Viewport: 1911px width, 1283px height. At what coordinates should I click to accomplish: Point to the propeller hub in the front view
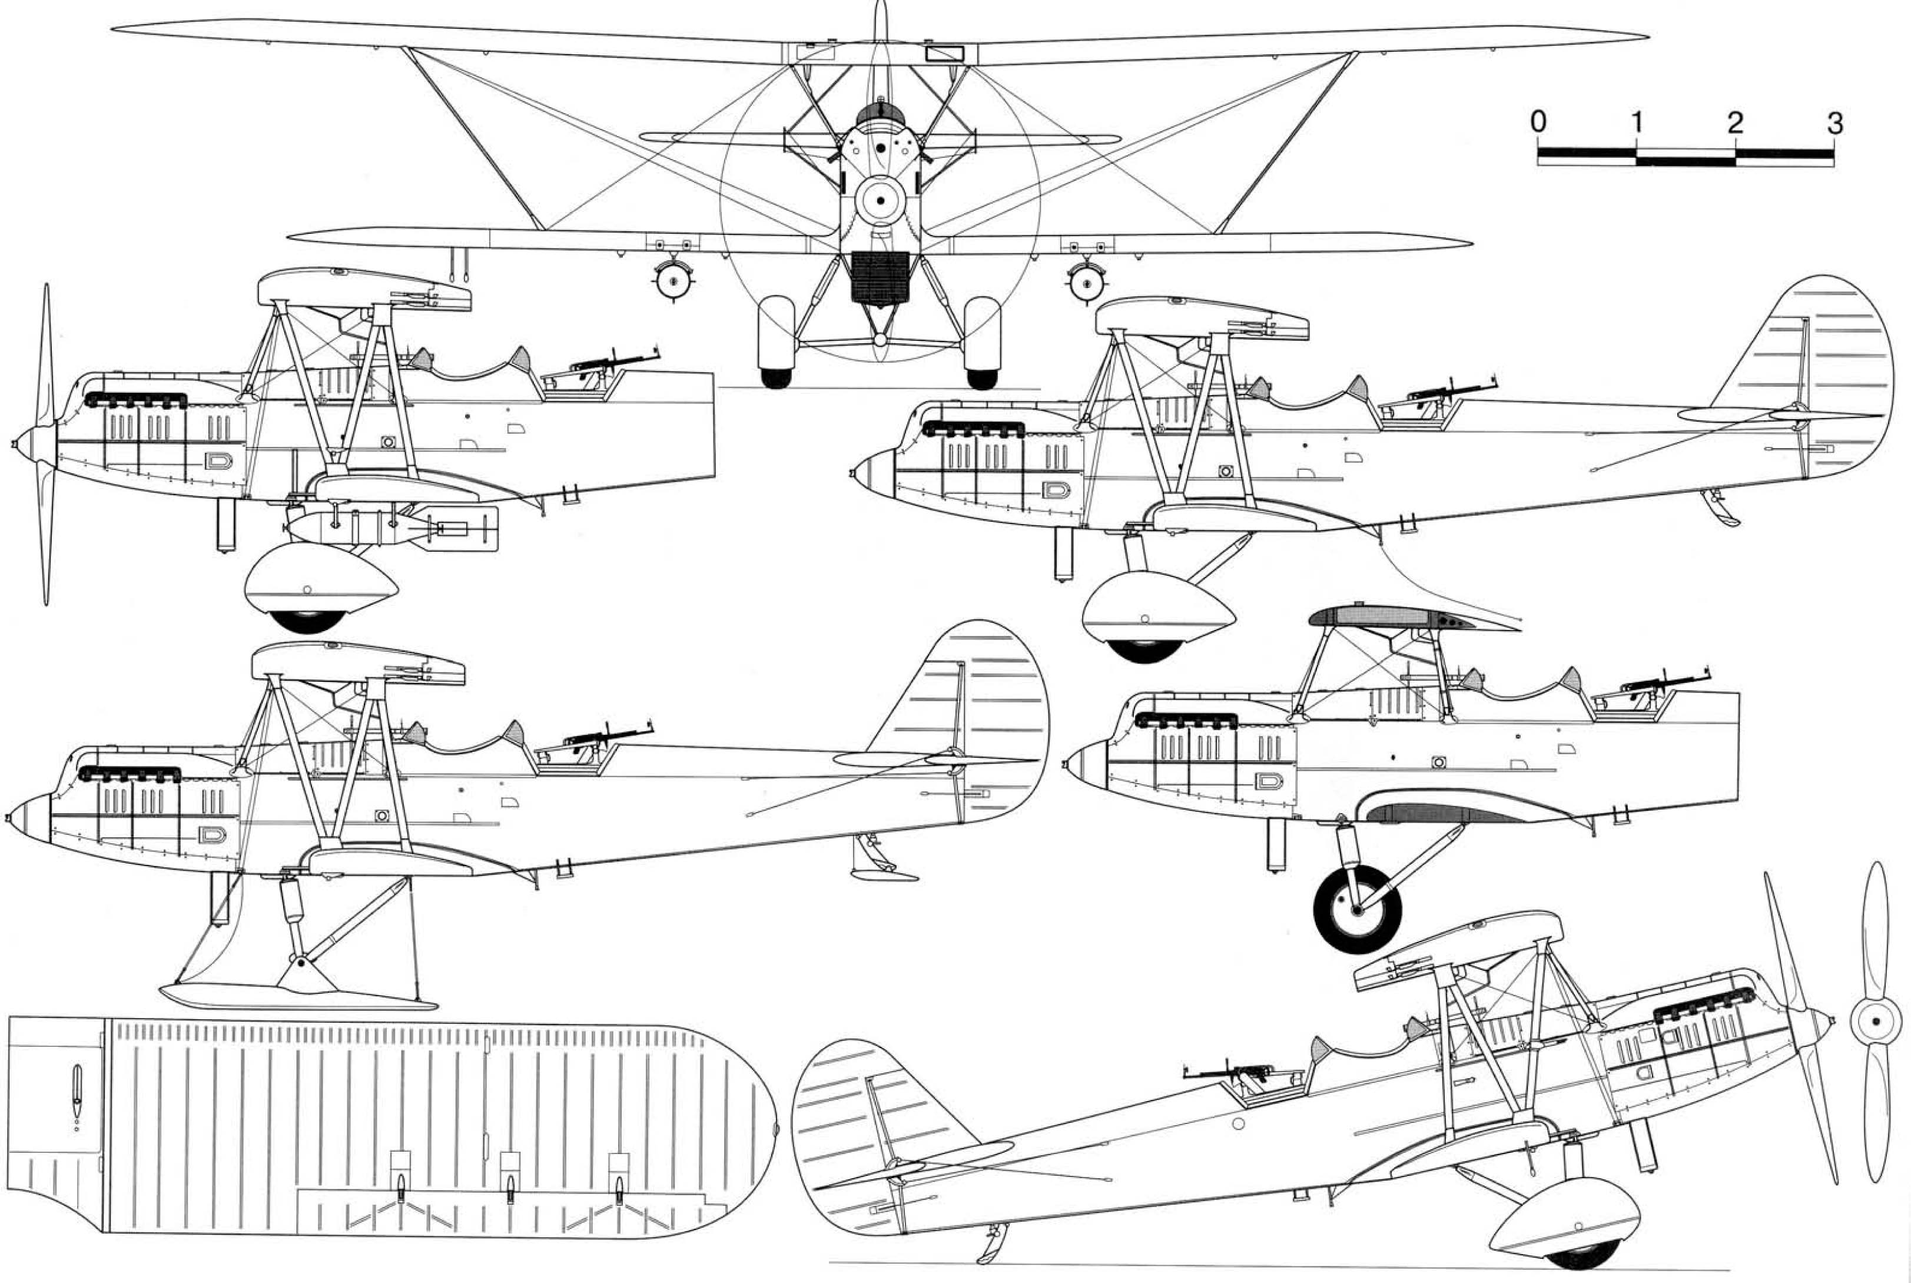(880, 200)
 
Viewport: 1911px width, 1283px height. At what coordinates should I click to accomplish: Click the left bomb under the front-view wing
(674, 281)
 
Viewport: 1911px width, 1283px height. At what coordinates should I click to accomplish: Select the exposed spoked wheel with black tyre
(1356, 909)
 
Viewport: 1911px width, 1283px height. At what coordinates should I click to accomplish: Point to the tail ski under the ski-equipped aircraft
(884, 874)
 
